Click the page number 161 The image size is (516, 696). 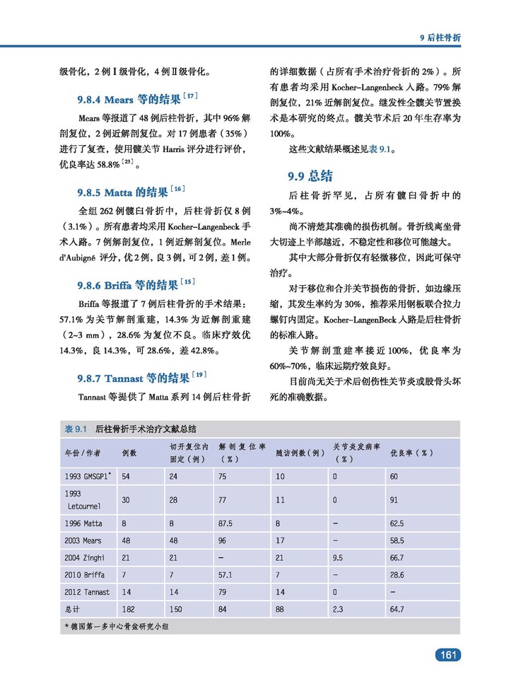tap(447, 655)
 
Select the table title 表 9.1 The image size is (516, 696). tap(75, 429)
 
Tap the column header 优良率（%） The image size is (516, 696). tap(412, 453)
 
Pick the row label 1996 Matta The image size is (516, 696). tap(83, 524)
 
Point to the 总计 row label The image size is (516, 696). tap(72, 609)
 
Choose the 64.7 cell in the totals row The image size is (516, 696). tap(397, 609)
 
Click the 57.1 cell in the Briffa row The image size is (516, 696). tap(226, 575)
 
